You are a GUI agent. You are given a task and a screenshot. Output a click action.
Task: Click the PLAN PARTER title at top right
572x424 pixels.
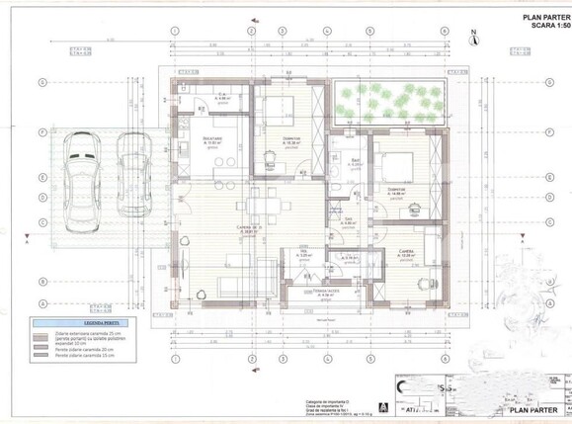539,17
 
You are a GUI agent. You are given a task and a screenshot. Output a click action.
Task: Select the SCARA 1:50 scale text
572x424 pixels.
541,28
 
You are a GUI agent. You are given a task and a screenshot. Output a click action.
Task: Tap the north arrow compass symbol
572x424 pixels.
474,40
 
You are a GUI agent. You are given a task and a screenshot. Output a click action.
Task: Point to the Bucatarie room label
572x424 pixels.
212,140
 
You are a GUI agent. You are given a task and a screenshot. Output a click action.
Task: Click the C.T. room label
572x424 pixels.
221,97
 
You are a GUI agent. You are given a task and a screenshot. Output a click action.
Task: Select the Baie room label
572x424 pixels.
353,162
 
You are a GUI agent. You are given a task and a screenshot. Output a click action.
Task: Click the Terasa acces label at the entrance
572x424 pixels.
327,293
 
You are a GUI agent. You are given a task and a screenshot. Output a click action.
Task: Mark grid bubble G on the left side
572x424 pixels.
42,83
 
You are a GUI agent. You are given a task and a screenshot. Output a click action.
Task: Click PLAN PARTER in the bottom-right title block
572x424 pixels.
534,405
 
